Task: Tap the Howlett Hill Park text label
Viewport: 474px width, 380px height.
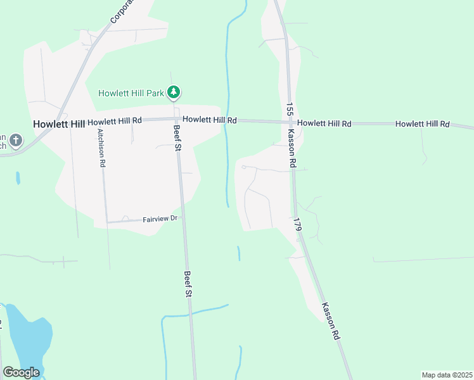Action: [x=131, y=93]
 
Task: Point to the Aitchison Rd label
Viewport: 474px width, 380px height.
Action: [x=101, y=148]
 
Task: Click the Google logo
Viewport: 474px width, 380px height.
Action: [x=21, y=372]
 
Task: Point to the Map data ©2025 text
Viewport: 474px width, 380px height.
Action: [x=447, y=375]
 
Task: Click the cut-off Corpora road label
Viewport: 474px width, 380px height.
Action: [x=122, y=11]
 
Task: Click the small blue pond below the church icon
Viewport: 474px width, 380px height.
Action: [x=18, y=178]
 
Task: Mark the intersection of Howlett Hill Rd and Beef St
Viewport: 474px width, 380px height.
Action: [x=176, y=119]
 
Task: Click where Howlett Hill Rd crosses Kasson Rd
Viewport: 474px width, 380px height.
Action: [x=290, y=122]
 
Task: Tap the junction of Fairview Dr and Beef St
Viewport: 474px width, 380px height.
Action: [x=183, y=217]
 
